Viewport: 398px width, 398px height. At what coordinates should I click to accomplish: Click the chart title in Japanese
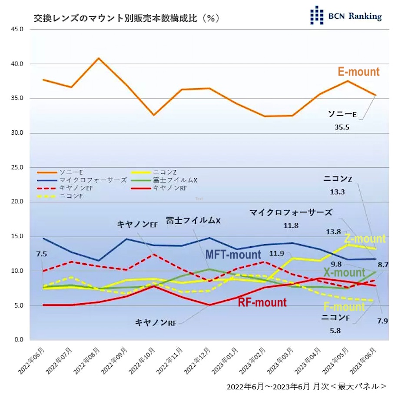126,18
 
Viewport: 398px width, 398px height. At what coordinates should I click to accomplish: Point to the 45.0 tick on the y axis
17,30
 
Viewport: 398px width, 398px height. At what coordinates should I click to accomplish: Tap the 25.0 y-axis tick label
17,167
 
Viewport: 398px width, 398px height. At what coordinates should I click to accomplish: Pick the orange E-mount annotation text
358,72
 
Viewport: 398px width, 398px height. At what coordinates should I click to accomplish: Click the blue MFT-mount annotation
233,255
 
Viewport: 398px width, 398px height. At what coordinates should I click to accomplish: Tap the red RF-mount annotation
262,302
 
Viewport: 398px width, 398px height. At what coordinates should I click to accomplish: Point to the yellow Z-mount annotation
365,239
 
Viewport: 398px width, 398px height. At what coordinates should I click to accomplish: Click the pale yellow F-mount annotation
344,307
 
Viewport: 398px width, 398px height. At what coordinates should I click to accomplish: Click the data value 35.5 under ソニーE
342,127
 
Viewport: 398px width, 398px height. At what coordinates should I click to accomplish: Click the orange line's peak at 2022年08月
99,58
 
